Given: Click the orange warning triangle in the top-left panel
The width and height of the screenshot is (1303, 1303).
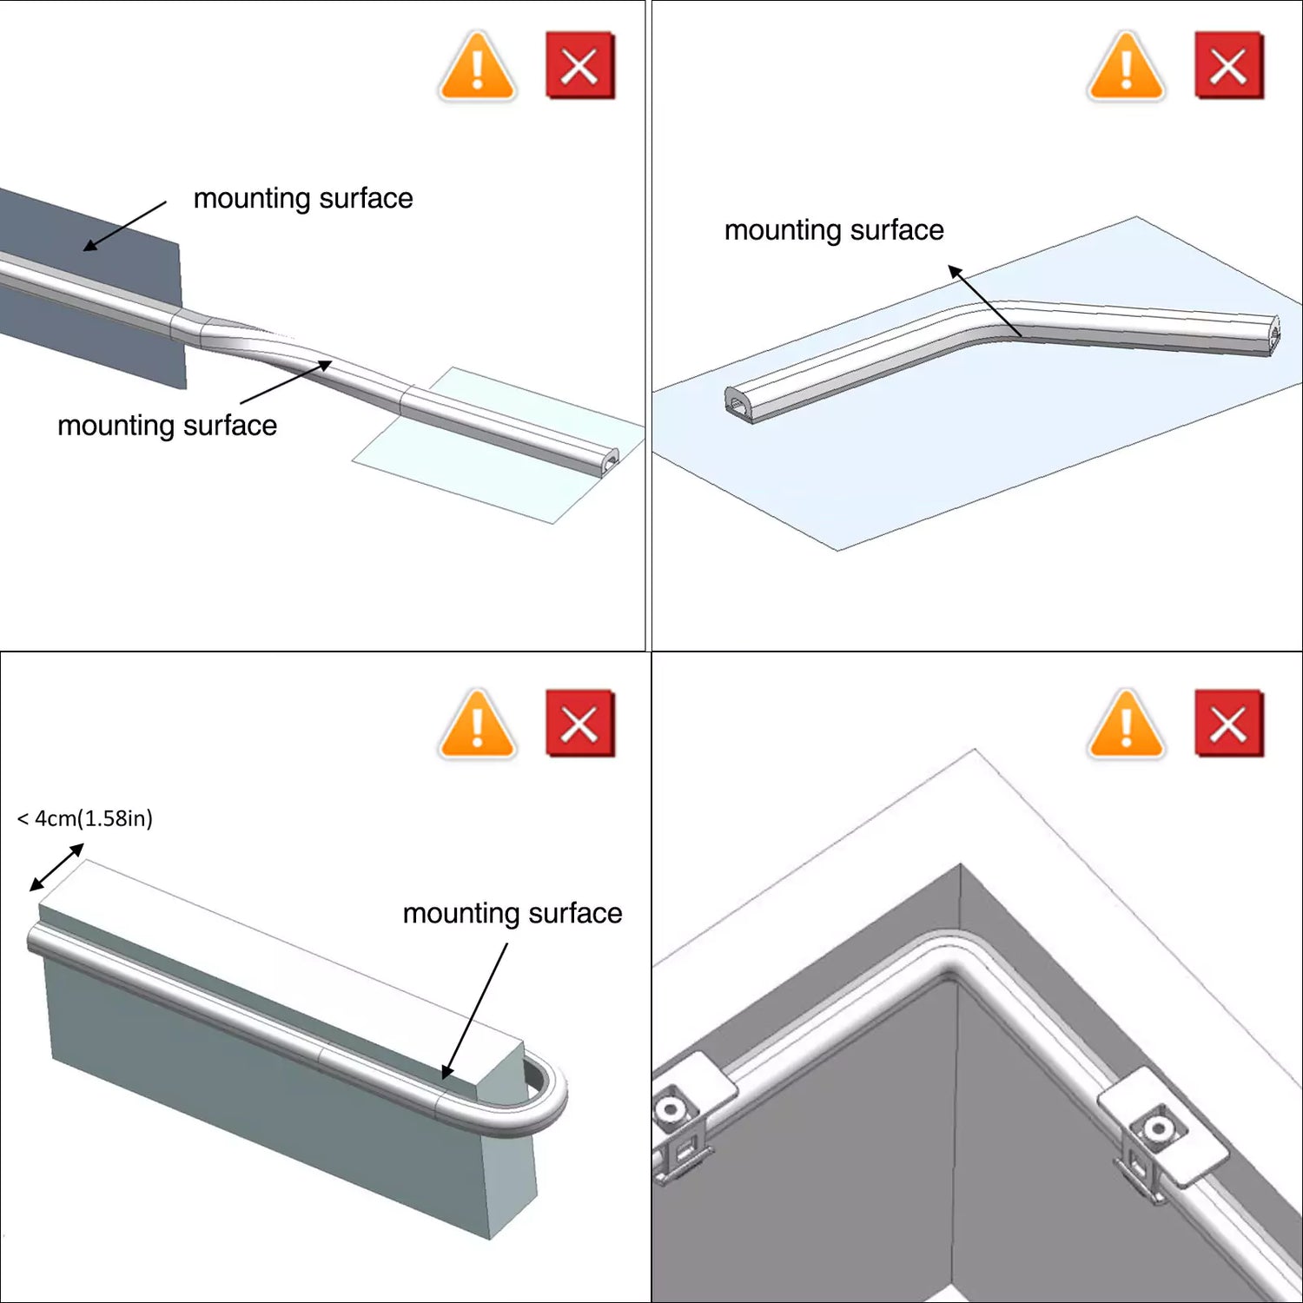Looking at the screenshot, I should (x=477, y=67).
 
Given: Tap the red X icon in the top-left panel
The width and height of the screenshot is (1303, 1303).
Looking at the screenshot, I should (x=579, y=66).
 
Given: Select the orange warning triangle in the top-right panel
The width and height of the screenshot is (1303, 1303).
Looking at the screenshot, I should (x=1126, y=67).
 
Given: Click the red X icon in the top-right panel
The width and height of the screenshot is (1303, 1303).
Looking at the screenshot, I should (x=1228, y=66).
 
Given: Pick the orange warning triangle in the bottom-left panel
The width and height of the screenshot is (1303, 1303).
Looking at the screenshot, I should (x=477, y=724).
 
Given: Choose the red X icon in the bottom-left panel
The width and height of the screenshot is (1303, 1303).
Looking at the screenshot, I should (x=579, y=724).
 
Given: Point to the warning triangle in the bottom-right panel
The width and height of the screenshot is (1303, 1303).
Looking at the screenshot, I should (x=1126, y=724).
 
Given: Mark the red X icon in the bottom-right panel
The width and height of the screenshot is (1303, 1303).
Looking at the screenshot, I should (x=1228, y=724).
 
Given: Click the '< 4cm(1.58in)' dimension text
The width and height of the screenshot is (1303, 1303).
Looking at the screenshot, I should (x=85, y=818).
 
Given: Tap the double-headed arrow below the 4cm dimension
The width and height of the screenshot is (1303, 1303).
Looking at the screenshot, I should (x=56, y=867).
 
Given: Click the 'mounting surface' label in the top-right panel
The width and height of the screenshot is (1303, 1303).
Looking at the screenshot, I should (x=834, y=230).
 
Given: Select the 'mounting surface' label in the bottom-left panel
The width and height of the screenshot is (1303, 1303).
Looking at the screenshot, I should (x=513, y=914).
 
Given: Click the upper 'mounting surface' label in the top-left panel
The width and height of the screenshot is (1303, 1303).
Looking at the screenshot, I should (x=303, y=198).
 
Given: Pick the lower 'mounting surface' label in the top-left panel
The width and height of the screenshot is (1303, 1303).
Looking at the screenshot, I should (x=167, y=426).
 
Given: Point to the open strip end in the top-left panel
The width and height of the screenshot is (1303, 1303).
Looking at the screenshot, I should (x=610, y=461).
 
